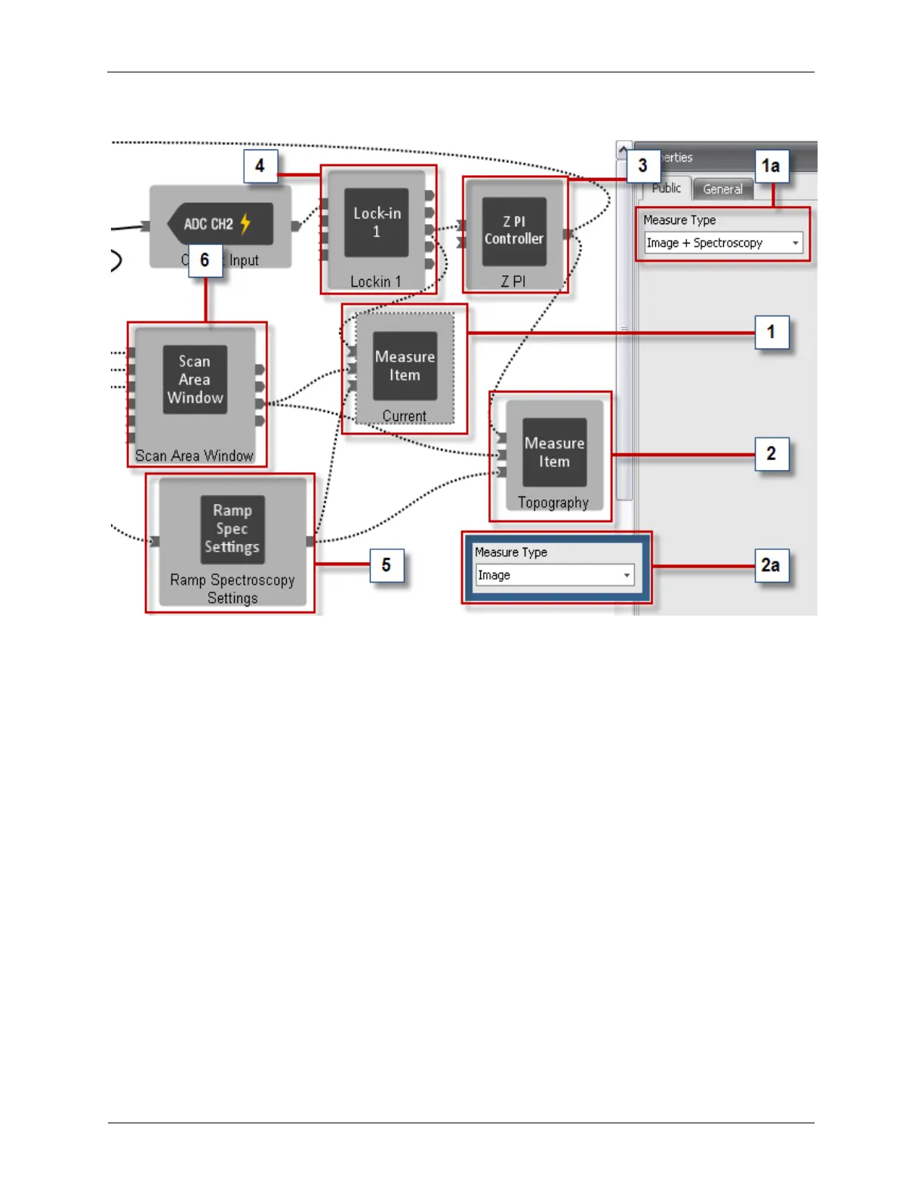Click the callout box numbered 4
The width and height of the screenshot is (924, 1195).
[x=260, y=166]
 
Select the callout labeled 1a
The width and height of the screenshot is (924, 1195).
[x=771, y=166]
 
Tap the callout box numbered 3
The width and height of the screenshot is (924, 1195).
[x=642, y=166]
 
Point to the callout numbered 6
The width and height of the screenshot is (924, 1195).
[x=205, y=261]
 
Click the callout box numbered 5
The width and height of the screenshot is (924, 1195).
[x=387, y=566]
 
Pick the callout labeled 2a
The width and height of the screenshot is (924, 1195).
[x=771, y=566]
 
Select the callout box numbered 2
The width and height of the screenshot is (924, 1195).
[x=771, y=454]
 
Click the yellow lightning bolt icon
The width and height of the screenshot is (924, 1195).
[x=245, y=223]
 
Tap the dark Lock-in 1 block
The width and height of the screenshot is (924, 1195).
[x=377, y=223]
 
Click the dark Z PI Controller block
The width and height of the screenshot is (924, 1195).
[x=514, y=231]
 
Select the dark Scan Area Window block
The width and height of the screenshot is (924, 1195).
[x=195, y=379]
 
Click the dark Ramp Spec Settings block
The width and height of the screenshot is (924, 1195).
[x=233, y=529]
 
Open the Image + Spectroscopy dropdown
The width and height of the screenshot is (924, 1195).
[x=723, y=243]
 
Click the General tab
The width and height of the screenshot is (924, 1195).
[x=722, y=189]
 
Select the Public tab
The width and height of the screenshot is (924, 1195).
[x=667, y=189]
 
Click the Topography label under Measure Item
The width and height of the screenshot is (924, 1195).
[x=553, y=503]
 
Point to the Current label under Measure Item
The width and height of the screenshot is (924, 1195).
[x=405, y=416]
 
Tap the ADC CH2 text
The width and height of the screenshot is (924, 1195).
[x=208, y=224]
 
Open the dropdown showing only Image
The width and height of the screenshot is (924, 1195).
[x=555, y=576]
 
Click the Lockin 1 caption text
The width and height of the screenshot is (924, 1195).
[x=376, y=282]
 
